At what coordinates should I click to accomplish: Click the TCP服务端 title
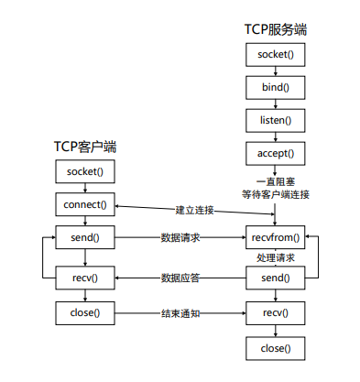coord(275,29)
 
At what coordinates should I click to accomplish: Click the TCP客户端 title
coord(84,147)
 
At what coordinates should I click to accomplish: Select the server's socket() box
coord(275,55)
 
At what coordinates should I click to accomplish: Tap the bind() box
coord(275,87)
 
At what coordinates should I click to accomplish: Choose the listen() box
coord(275,120)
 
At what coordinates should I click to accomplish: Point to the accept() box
coord(275,153)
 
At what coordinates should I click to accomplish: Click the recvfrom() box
coord(275,238)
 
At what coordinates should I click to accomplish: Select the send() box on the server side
coord(275,277)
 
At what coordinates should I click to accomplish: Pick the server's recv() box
coord(275,313)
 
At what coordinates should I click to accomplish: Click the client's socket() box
coord(85,171)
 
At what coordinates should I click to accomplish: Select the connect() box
coord(85,203)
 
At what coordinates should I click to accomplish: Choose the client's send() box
coord(85,238)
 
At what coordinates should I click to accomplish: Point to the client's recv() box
coord(85,277)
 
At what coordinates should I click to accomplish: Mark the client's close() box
coord(85,313)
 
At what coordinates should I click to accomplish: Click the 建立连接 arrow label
coord(194,211)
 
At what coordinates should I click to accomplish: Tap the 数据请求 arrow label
coord(180,238)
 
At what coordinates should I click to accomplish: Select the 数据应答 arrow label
coord(180,277)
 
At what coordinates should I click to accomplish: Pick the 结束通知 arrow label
coord(180,313)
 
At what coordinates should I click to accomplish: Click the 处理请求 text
coord(275,258)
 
